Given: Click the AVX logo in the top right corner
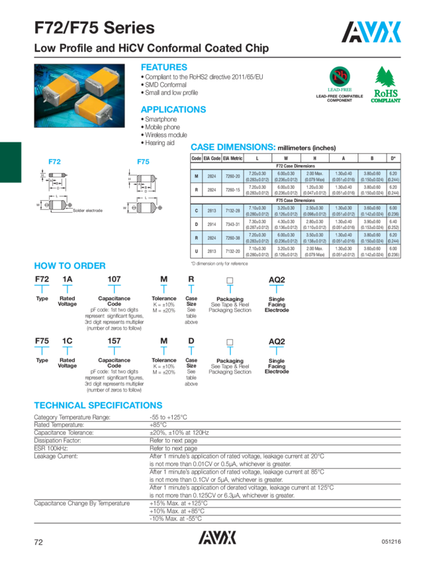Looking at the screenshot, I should [x=372, y=31].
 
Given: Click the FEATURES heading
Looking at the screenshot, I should [x=164, y=68].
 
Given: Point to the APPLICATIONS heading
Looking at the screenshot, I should [x=173, y=109].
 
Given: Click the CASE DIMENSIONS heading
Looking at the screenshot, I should [x=232, y=146].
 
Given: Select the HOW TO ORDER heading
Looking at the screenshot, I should [x=70, y=266].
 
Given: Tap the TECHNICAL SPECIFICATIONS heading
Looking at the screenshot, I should [x=98, y=405].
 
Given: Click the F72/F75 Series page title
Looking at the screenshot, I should [x=95, y=28].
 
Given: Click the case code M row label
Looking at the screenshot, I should [x=197, y=174].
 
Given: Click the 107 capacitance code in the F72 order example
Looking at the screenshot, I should [x=115, y=280].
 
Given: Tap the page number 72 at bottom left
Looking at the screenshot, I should [x=38, y=541].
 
